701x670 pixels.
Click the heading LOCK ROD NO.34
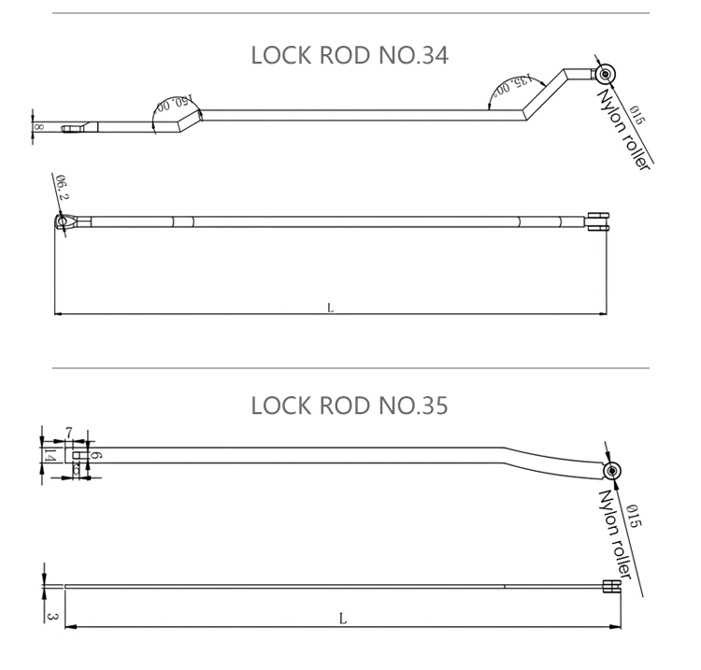click(x=350, y=55)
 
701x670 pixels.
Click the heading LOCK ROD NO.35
click(x=350, y=406)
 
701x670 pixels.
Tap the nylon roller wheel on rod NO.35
click(x=612, y=470)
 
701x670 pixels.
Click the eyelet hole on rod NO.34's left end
click(x=64, y=221)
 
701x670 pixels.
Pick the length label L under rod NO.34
click(x=330, y=306)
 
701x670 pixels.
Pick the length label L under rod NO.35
click(x=343, y=619)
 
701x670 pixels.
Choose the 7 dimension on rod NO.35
click(x=69, y=431)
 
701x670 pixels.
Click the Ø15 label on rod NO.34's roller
click(x=637, y=117)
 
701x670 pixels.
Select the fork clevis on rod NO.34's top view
click(x=595, y=221)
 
